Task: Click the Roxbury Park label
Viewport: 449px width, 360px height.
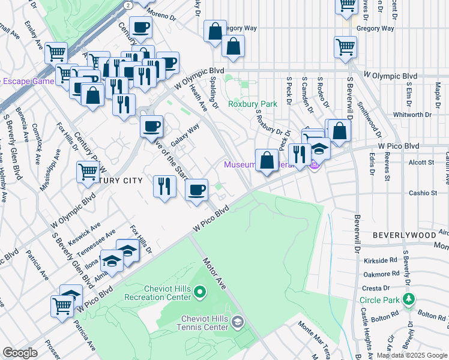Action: pos(253,104)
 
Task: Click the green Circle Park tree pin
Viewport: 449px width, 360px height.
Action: pos(409,299)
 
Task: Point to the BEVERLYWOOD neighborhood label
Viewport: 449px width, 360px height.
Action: pos(399,235)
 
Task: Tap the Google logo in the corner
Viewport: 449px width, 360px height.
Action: pos(20,353)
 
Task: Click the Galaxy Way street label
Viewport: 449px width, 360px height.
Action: pos(185,136)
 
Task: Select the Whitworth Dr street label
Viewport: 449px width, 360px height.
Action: pos(412,114)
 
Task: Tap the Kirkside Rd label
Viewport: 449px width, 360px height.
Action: pos(381,261)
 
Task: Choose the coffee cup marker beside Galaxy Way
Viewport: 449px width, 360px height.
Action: pos(151,127)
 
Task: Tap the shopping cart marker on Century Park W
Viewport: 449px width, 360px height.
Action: pos(88,173)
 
